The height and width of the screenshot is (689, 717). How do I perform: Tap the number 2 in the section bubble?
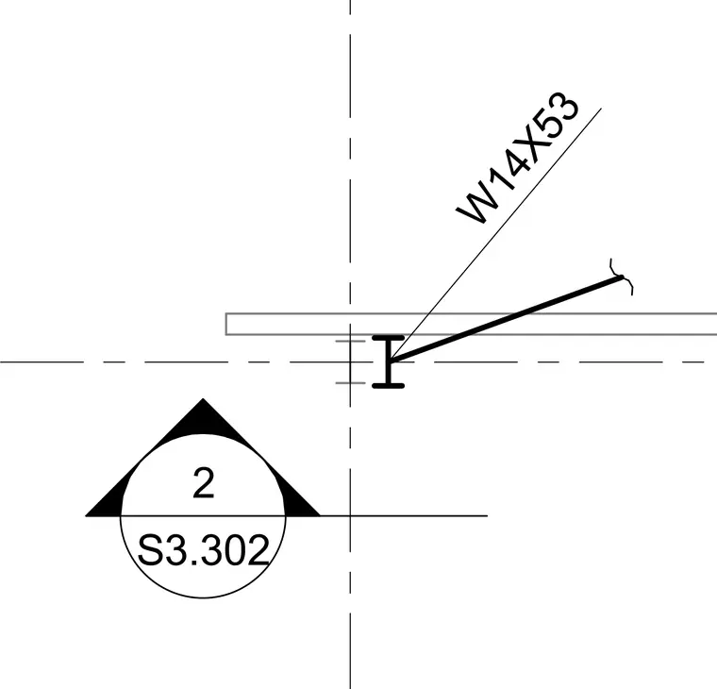(204, 483)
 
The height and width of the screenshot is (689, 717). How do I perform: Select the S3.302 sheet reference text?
(203, 550)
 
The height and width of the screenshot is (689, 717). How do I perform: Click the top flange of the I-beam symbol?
(389, 338)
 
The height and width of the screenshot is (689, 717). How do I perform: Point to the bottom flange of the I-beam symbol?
(389, 386)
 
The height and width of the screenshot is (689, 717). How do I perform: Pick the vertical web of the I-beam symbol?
(389, 361)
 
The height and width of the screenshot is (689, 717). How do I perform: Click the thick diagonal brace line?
(505, 319)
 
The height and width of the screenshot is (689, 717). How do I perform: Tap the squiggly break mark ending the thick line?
(622, 277)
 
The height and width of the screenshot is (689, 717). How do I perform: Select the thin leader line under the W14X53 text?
(495, 234)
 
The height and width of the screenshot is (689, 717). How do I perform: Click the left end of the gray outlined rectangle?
(225, 324)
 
